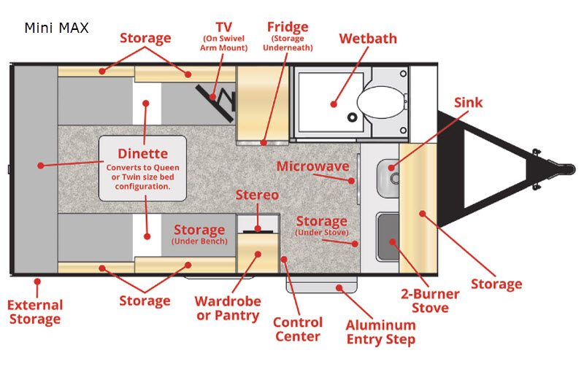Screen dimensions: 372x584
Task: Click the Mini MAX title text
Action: point(56,28)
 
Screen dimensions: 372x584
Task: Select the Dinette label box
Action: point(143,168)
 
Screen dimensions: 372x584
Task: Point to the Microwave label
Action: point(312,166)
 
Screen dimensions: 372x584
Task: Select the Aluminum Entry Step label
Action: point(380,332)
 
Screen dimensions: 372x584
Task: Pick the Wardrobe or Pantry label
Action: point(226,308)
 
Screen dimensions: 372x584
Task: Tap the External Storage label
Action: point(35,311)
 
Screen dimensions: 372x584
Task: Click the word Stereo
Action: point(256,195)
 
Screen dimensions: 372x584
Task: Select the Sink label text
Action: point(468,102)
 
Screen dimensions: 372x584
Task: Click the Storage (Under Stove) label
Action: point(321,225)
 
